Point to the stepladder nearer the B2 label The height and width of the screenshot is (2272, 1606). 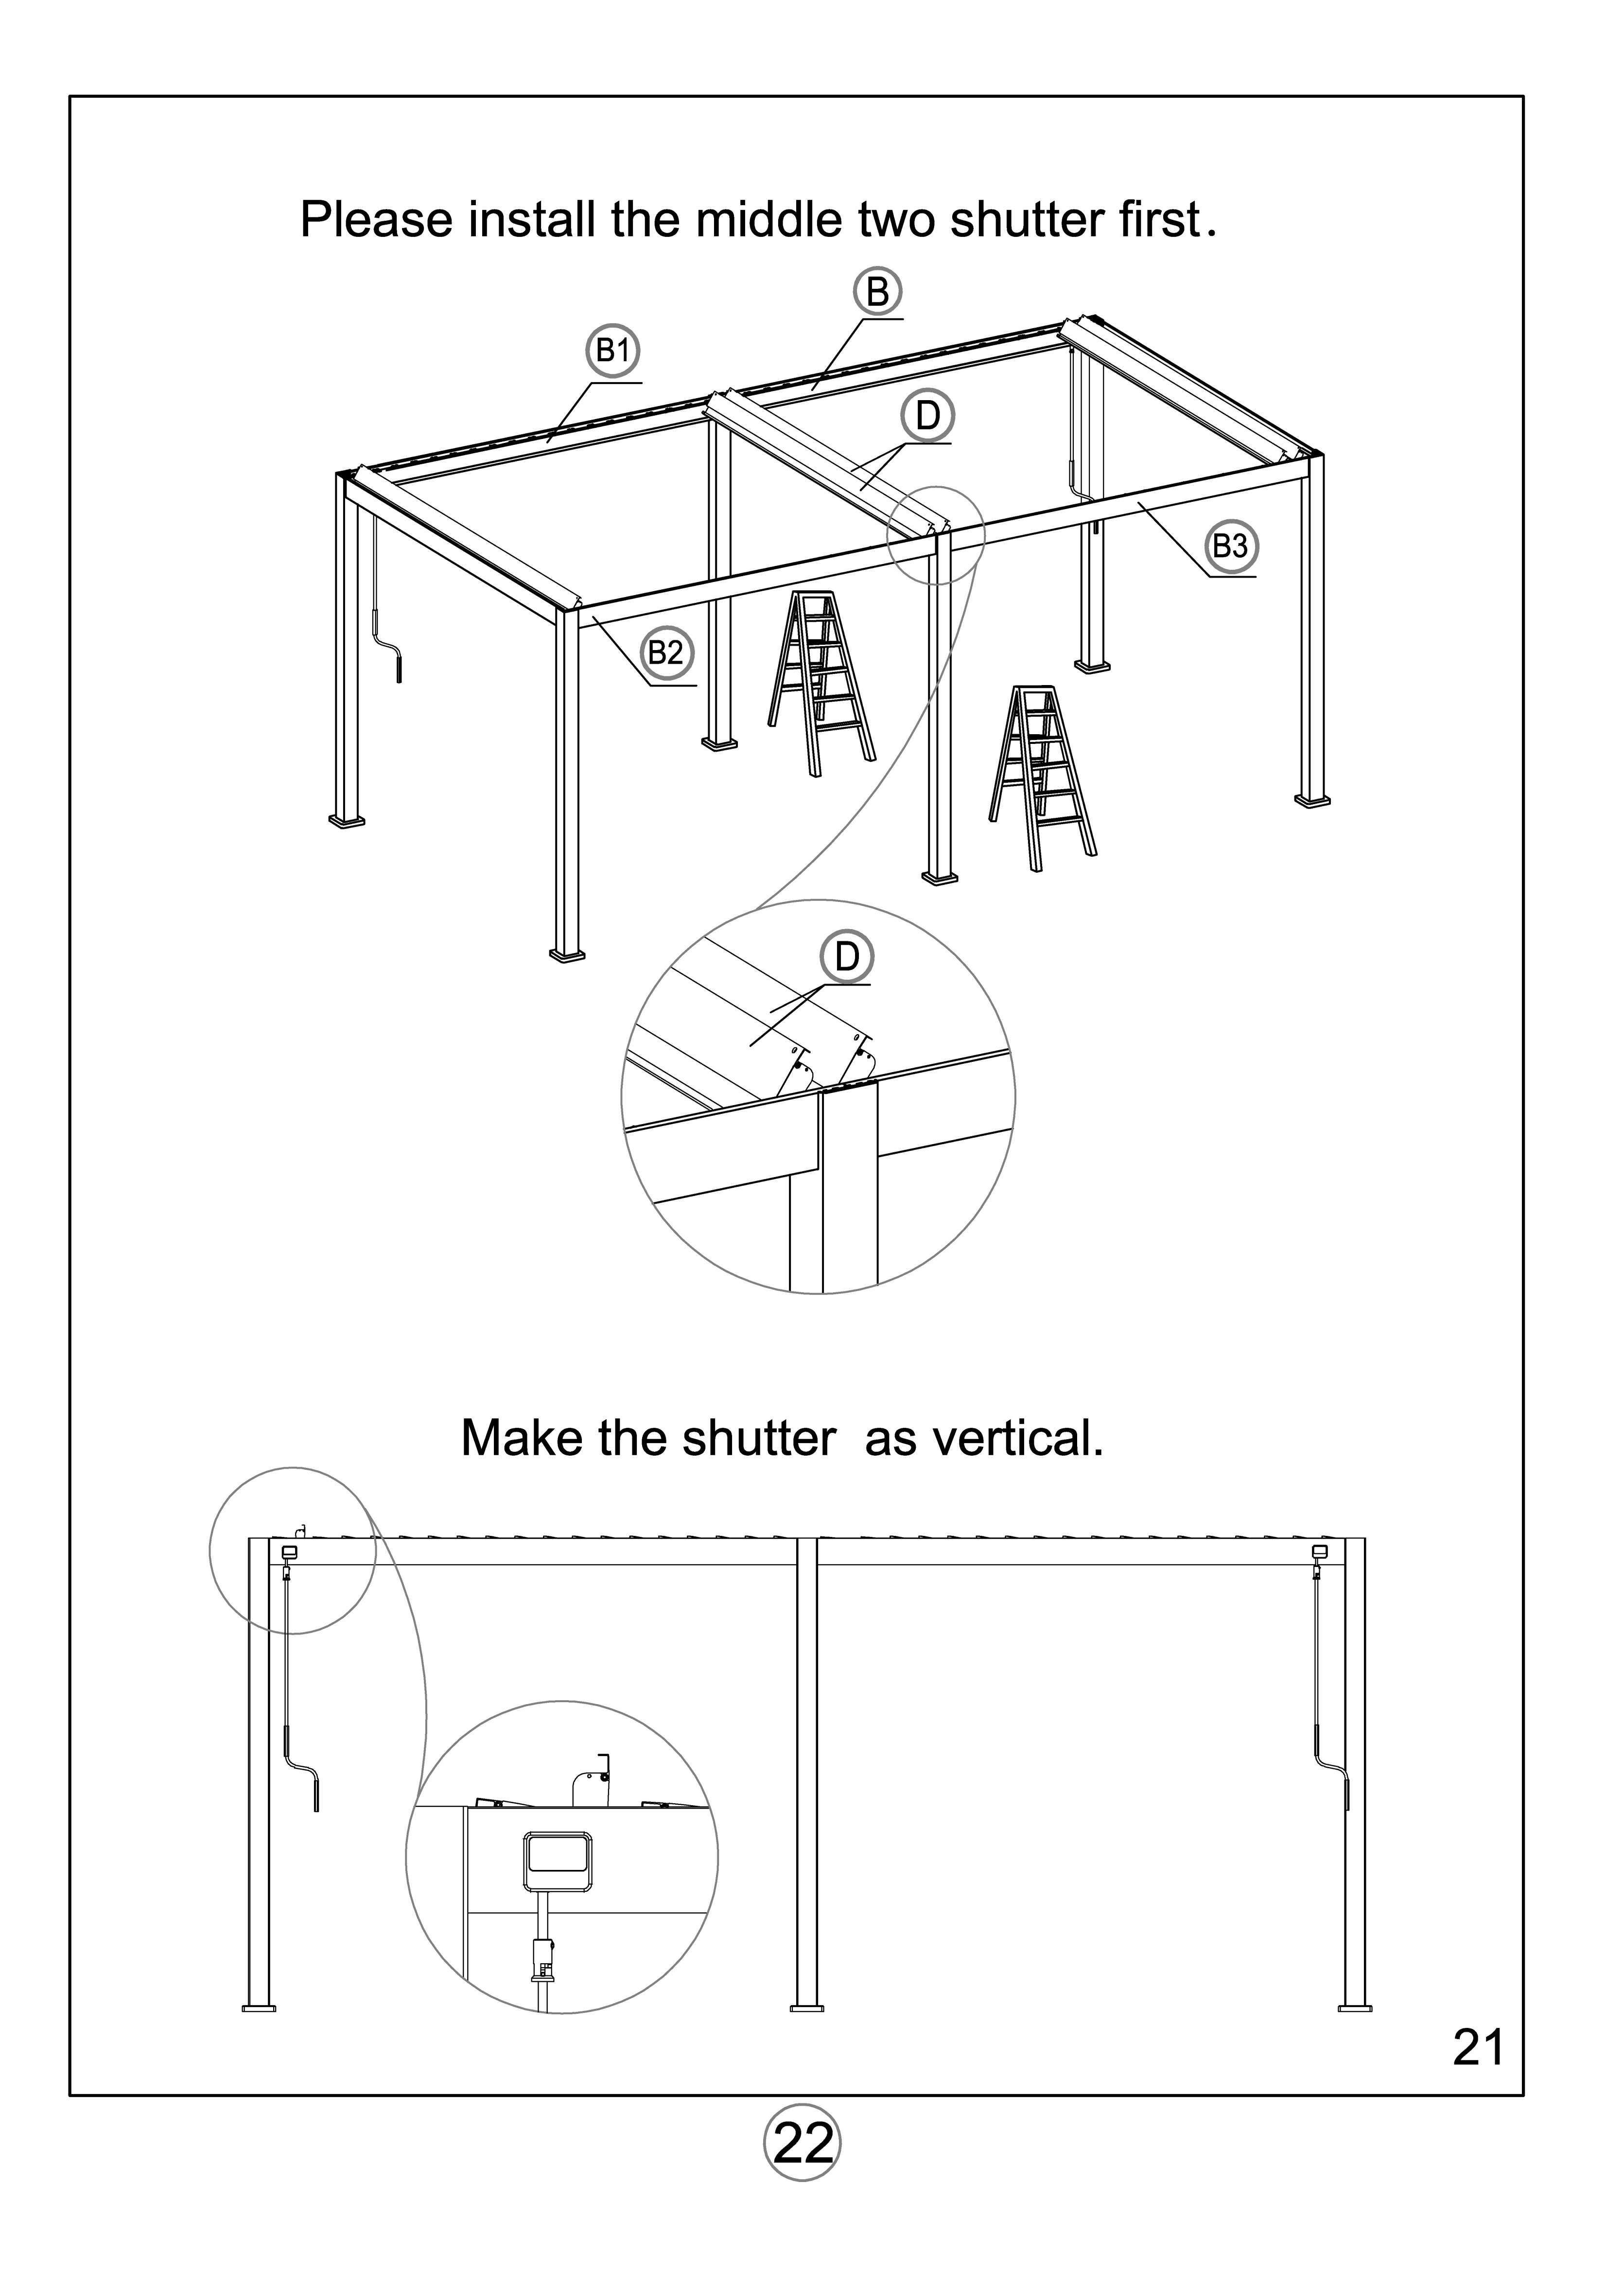point(820,683)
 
